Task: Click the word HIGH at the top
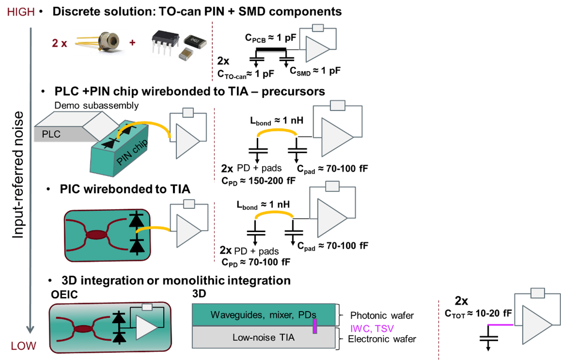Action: click(x=21, y=12)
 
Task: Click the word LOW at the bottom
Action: click(x=23, y=346)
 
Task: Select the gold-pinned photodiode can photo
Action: click(x=100, y=43)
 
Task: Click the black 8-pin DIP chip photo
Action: click(x=165, y=42)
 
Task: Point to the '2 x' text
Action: click(x=60, y=44)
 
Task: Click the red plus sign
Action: click(x=132, y=43)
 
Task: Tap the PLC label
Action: click(x=51, y=134)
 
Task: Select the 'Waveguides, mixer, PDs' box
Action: click(x=263, y=315)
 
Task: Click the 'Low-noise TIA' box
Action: click(x=263, y=337)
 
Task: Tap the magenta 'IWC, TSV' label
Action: click(x=372, y=328)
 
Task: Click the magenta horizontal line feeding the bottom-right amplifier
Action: click(x=500, y=324)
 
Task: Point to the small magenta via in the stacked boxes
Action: click(x=315, y=326)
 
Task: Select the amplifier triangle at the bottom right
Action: click(x=536, y=325)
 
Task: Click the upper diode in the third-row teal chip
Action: click(x=137, y=219)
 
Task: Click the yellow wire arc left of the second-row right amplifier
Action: click(x=277, y=132)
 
